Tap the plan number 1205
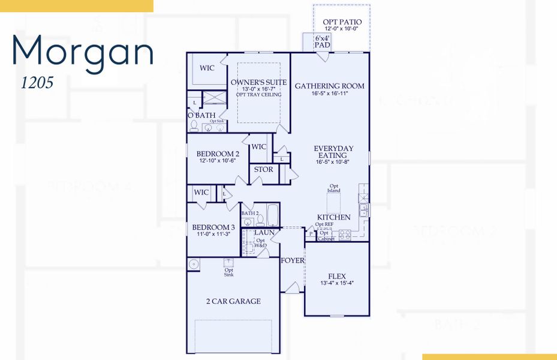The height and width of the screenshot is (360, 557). click(37, 83)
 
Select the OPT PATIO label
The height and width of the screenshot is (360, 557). click(342, 22)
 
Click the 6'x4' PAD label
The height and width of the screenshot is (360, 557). click(323, 41)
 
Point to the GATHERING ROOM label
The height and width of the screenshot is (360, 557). click(329, 86)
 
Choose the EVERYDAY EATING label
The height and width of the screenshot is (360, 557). click(333, 152)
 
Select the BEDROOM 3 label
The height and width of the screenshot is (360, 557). click(213, 227)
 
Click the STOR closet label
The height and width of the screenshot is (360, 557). click(263, 169)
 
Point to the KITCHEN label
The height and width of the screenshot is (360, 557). click(333, 217)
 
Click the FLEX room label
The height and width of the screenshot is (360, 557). click(337, 276)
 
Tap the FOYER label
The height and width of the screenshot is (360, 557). click(292, 260)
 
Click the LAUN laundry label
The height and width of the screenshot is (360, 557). click(264, 232)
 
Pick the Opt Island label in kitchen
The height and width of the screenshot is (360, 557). click(334, 188)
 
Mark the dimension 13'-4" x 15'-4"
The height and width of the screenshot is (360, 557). click(337, 283)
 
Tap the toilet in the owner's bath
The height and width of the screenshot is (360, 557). click(194, 126)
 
